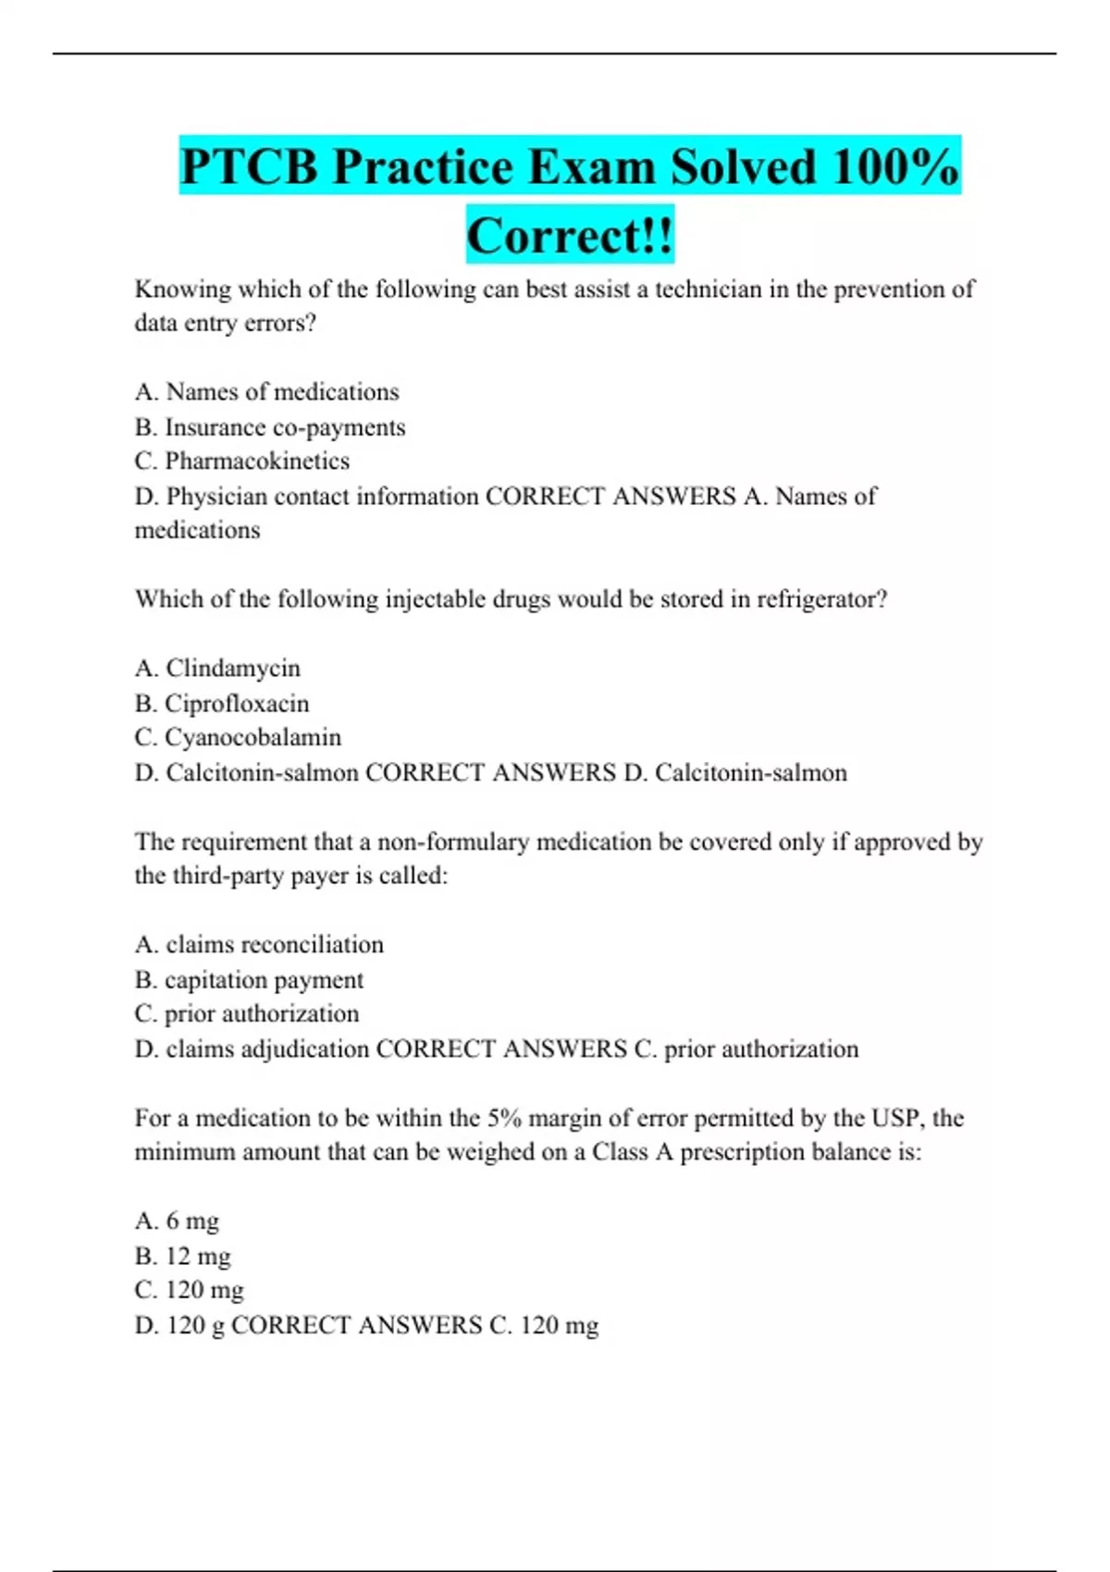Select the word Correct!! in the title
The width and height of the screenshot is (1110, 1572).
tap(570, 236)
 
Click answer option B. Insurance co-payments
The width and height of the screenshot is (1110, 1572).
tap(270, 427)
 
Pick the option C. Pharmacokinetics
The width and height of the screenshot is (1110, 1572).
tap(242, 461)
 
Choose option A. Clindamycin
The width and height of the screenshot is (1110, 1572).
tap(218, 668)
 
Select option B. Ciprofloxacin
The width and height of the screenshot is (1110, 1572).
tap(222, 703)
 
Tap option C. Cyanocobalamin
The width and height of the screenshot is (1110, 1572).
tap(238, 737)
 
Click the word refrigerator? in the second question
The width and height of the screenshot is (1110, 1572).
tap(822, 599)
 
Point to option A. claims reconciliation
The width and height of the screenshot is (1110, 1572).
tap(259, 944)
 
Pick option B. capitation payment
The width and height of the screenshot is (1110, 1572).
tap(249, 979)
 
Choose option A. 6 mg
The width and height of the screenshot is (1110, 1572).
tap(178, 1221)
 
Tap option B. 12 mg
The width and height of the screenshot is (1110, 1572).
tap(183, 1256)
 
